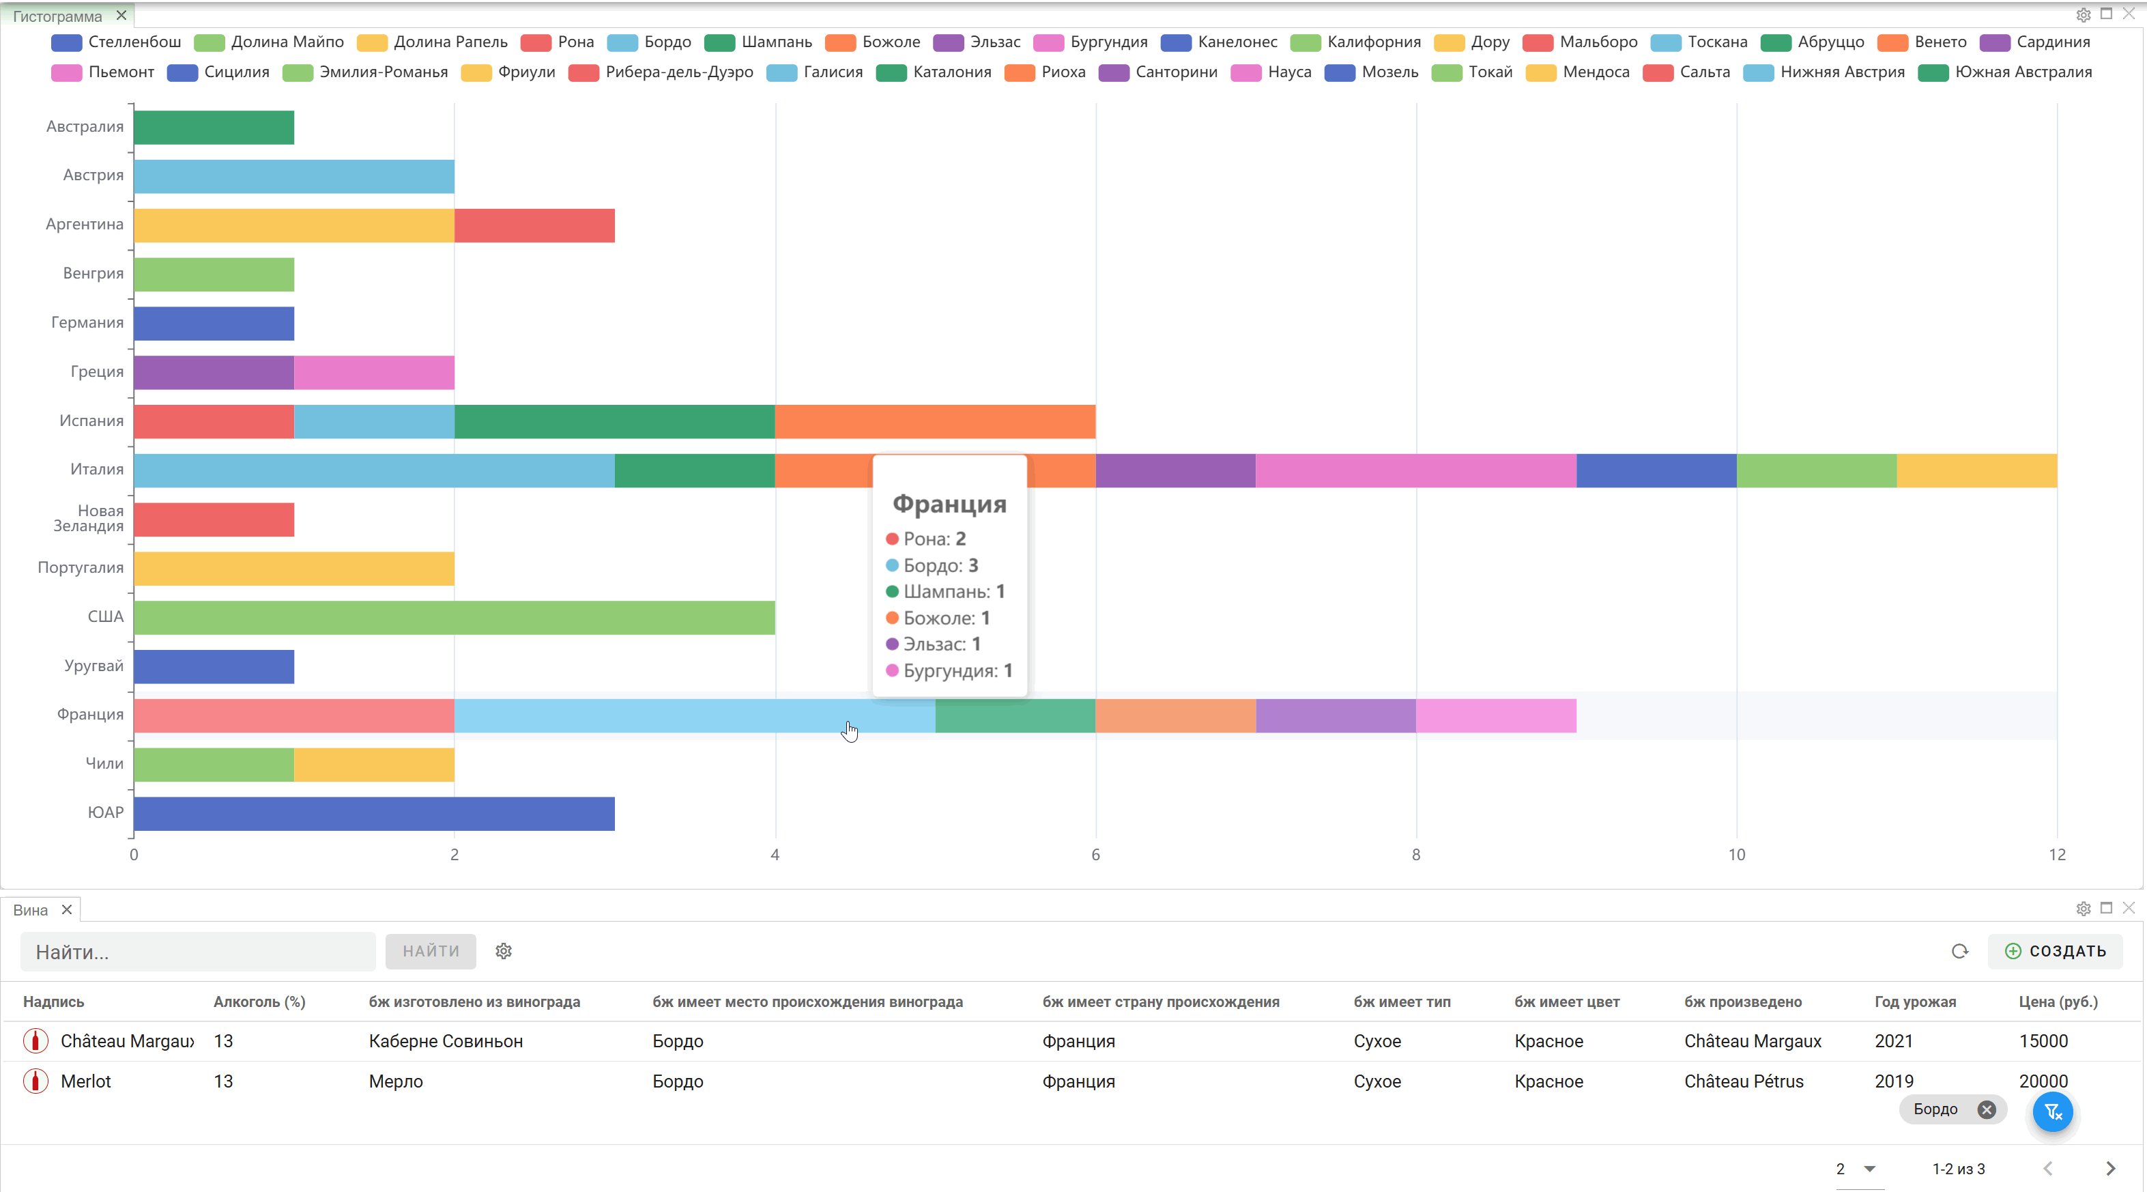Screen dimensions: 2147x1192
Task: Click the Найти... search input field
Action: tap(197, 952)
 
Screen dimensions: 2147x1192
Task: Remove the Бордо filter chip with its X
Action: tap(1987, 1109)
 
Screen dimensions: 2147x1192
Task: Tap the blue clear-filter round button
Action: tap(2052, 1112)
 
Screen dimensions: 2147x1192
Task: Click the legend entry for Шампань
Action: tap(758, 42)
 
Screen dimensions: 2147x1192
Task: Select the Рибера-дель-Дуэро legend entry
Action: tap(661, 72)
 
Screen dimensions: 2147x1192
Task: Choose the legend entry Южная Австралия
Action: tap(2005, 72)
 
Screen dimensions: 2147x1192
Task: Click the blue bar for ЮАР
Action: tap(374, 814)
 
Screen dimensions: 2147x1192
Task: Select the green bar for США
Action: tap(455, 618)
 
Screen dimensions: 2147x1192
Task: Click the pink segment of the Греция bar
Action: tap(374, 373)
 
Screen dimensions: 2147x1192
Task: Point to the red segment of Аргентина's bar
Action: tap(534, 226)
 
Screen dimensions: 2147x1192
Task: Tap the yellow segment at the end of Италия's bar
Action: tap(1977, 471)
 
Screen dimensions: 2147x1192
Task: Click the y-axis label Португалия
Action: tap(81, 567)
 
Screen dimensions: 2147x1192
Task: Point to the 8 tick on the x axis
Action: tap(1416, 855)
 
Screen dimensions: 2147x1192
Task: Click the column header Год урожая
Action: tap(1915, 1002)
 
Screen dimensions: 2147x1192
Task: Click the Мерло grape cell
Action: tap(396, 1082)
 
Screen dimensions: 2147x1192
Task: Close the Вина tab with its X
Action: tap(67, 909)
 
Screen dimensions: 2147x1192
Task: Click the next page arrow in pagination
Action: tap(2110, 1169)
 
